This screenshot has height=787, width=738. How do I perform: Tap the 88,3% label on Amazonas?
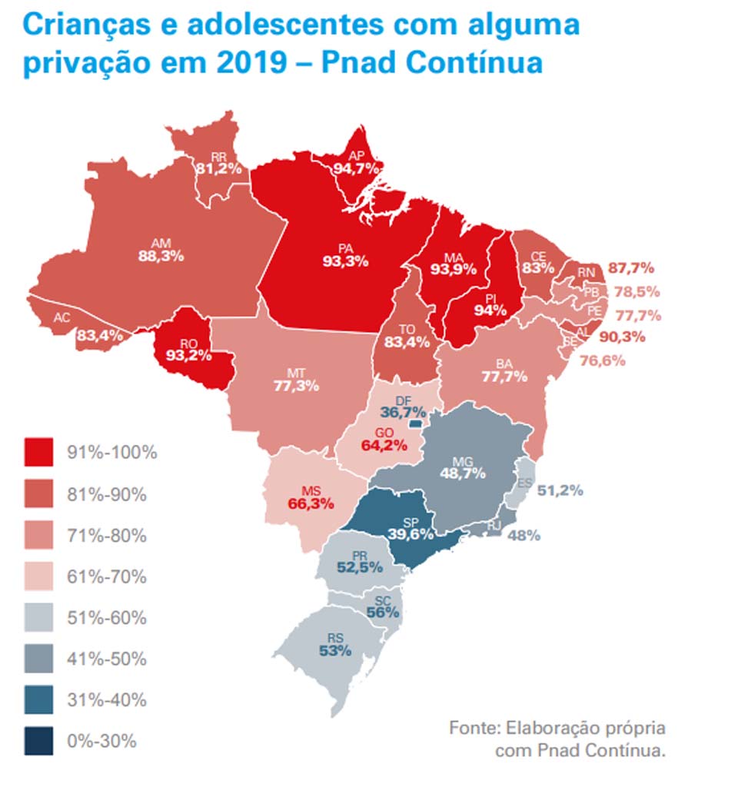(x=161, y=256)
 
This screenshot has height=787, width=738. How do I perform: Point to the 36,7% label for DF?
(x=406, y=413)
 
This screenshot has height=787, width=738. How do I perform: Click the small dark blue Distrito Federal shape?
(x=416, y=423)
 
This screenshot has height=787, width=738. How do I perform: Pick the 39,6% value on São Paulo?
(x=411, y=533)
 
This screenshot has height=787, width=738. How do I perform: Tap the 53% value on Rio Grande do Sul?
(x=334, y=651)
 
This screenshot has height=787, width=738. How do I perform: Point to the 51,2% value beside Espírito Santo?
(x=560, y=490)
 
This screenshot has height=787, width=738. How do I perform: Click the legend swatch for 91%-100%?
(x=38, y=452)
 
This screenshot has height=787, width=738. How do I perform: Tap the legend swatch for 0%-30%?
(x=38, y=742)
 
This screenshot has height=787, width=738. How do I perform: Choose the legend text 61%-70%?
(x=108, y=576)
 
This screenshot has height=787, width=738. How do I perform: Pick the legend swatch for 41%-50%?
(x=38, y=659)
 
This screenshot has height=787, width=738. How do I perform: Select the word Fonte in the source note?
(x=474, y=727)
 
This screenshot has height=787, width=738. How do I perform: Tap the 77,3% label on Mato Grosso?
(x=296, y=386)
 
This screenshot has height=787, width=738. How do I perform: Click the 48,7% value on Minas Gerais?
(x=462, y=473)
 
